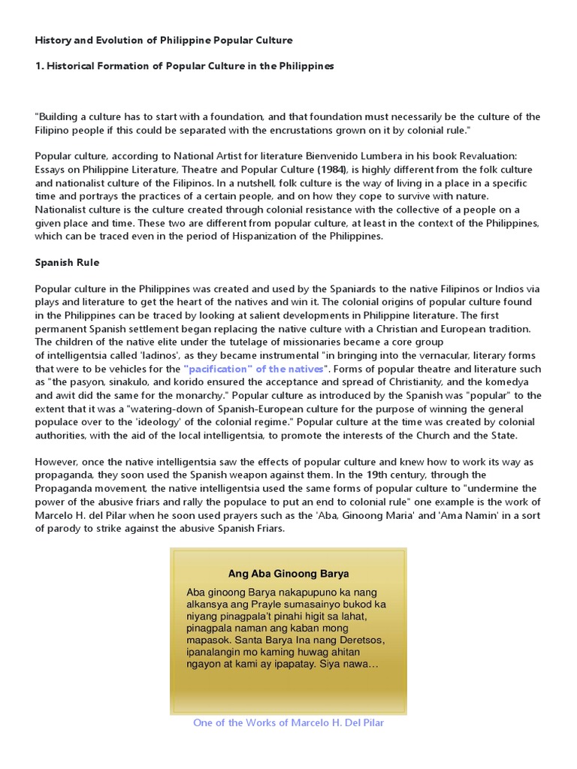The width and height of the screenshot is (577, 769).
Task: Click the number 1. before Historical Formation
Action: [x=39, y=66]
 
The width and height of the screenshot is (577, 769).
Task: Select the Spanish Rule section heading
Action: [x=67, y=263]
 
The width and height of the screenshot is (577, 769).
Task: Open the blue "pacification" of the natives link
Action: [x=255, y=369]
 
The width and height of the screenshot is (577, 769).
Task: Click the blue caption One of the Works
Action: [x=288, y=722]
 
